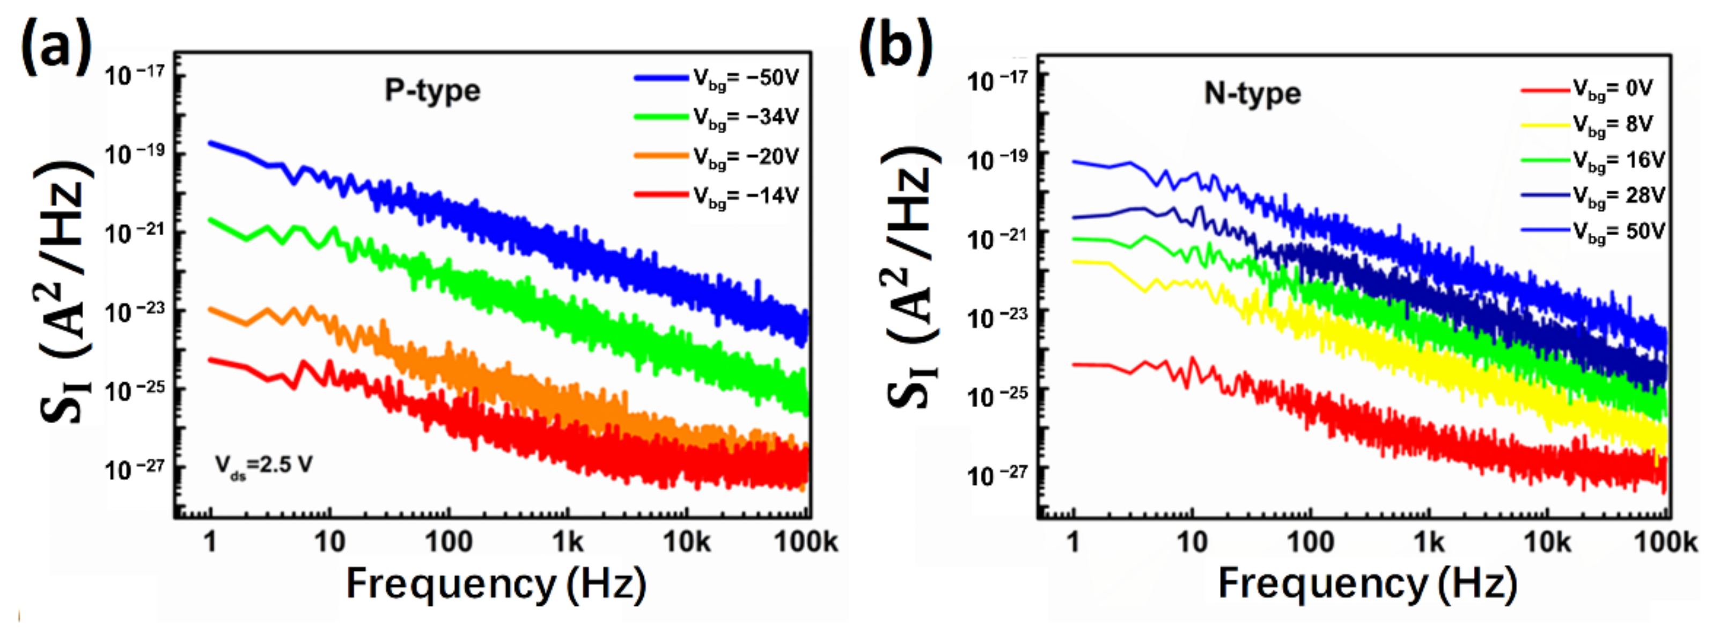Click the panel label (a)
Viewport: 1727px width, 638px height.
[x=56, y=46]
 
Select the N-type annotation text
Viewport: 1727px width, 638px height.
[x=1252, y=93]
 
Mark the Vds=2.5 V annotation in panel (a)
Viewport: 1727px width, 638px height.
[x=263, y=465]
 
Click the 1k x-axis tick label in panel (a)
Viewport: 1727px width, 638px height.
[x=567, y=541]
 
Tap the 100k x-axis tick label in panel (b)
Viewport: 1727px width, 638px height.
[x=1666, y=541]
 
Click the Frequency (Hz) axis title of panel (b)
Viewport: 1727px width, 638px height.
[x=1367, y=583]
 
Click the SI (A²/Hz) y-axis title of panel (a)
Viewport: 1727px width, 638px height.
[x=64, y=292]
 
